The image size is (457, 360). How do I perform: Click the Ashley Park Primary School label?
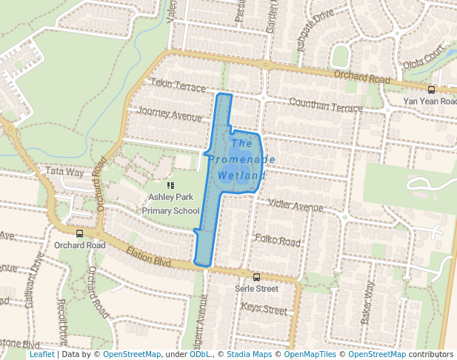[x=173, y=204]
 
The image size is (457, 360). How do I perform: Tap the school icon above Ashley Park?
[x=171, y=186]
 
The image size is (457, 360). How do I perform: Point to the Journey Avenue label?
[x=170, y=116]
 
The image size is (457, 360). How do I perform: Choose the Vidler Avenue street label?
[x=298, y=204]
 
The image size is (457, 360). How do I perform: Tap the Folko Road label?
[x=278, y=241]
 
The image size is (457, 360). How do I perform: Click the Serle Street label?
[x=256, y=288]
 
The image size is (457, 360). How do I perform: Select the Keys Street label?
[x=264, y=310]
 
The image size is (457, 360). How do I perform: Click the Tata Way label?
[x=65, y=171]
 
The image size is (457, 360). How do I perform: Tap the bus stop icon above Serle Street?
[x=256, y=277]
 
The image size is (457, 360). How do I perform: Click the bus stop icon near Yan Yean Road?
[x=432, y=90]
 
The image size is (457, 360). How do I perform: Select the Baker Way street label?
[x=367, y=302]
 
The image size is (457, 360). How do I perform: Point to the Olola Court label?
[x=424, y=55]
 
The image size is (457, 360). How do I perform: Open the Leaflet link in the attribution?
[x=41, y=355]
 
